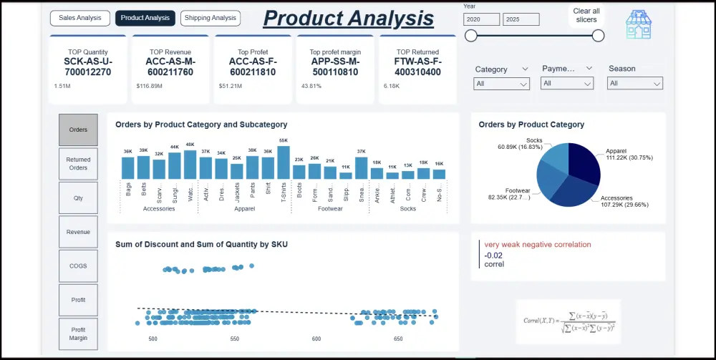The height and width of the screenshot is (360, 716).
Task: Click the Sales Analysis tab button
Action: (x=80, y=18)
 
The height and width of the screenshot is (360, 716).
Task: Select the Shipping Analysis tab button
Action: (x=211, y=18)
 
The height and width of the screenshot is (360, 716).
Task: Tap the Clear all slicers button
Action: (x=586, y=15)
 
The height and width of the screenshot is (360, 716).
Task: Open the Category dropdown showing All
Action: (x=502, y=84)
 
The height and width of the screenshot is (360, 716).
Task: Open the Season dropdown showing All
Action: (x=635, y=84)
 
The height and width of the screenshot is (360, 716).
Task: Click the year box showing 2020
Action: (x=481, y=19)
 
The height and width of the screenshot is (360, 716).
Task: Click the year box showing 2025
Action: (x=521, y=19)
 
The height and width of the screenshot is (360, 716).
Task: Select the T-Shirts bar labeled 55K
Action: (x=284, y=162)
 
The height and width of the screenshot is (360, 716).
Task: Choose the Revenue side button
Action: (x=78, y=232)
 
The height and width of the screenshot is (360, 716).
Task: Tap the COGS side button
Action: (x=78, y=266)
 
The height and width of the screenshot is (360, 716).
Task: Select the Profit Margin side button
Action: (x=78, y=334)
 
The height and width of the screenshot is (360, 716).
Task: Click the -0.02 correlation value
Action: (x=493, y=255)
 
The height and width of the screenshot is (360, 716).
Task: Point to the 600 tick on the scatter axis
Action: (x=316, y=339)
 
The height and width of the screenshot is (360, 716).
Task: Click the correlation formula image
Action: (x=568, y=321)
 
